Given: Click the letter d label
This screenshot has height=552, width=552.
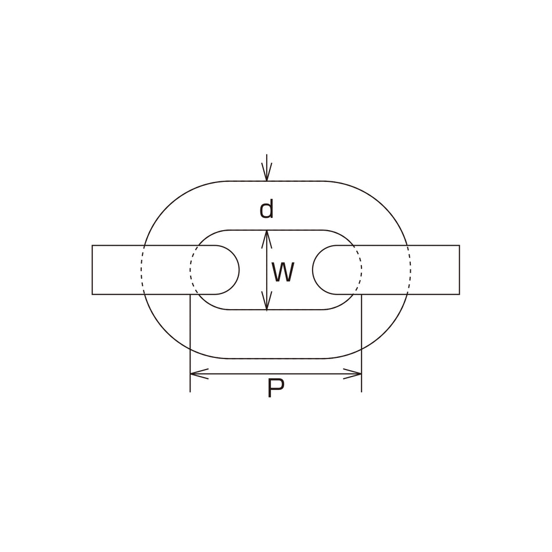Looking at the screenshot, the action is (266, 210).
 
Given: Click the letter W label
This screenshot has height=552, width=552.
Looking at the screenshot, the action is (283, 273).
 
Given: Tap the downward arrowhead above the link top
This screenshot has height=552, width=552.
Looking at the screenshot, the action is (267, 172).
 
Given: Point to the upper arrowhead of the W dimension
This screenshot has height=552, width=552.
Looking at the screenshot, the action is (267, 239).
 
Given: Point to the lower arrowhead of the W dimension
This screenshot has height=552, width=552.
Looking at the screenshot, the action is (267, 301).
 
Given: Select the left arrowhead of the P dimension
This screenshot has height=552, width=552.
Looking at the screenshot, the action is (199, 374).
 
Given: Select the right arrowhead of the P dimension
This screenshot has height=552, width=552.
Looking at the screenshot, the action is (352, 374).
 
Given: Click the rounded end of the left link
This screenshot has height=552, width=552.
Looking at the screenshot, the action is (239, 270).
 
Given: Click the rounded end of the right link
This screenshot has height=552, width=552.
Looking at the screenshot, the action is (313, 270).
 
